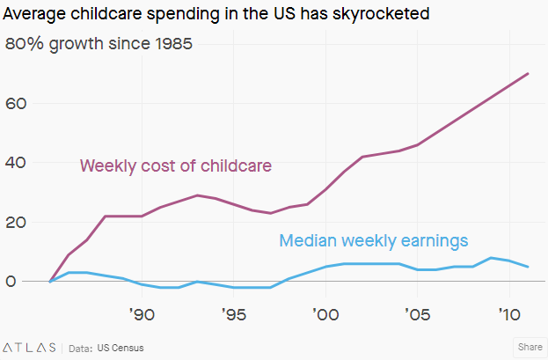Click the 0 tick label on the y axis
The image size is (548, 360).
point(11,282)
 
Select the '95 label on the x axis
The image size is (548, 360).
point(234,314)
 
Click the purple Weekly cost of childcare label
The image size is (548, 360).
point(175,165)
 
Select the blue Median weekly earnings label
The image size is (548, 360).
point(373,239)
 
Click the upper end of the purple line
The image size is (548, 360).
point(528,73)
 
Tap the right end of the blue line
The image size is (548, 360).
point(528,267)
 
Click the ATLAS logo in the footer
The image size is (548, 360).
point(29,347)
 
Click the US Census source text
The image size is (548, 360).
point(120,348)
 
